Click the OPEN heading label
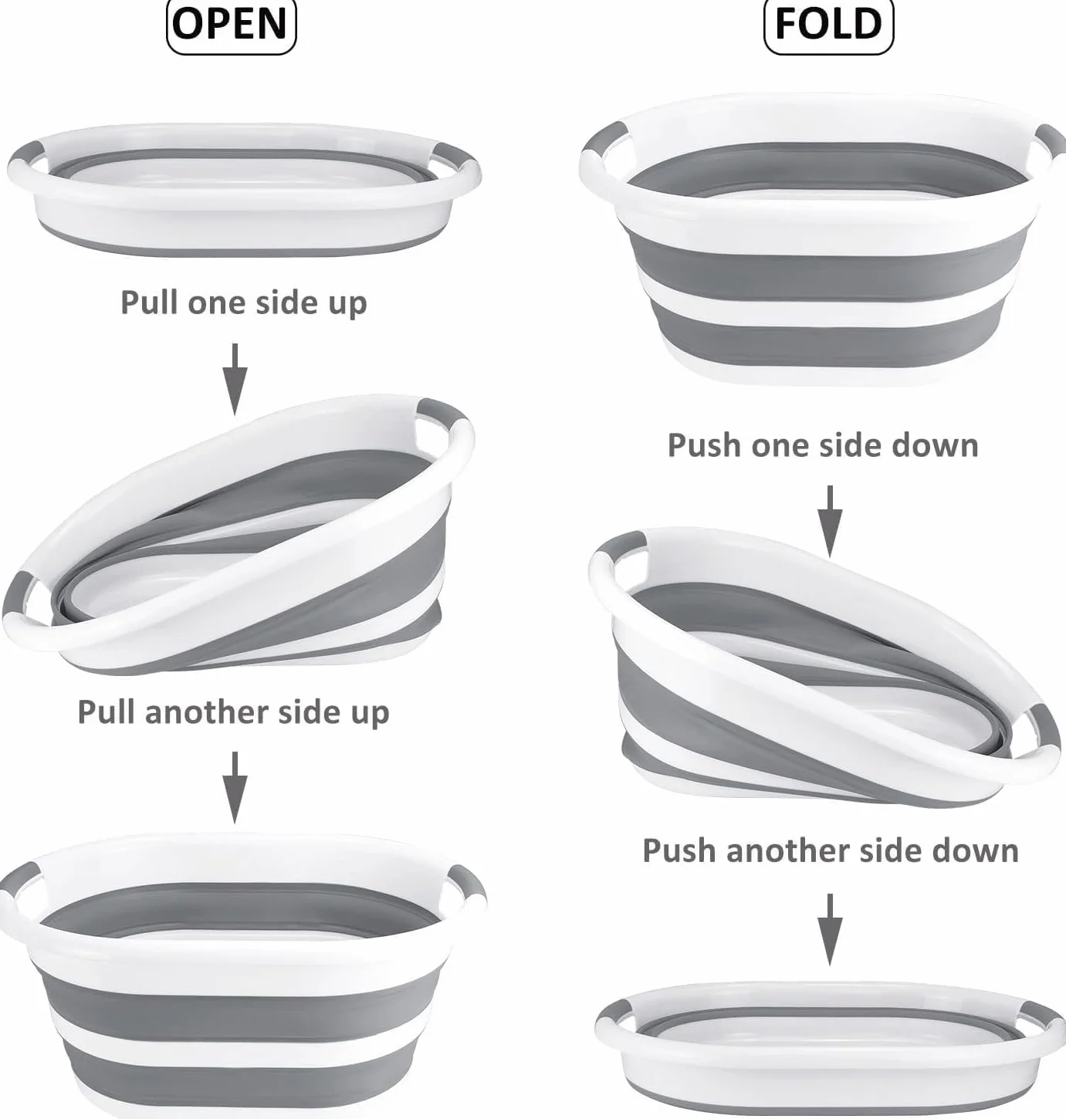pyautogui.click(x=231, y=25)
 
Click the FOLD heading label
pyautogui.click(x=828, y=25)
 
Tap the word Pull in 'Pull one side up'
pyautogui.click(x=149, y=302)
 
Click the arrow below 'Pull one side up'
pyautogui.click(x=234, y=378)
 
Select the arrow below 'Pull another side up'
pyautogui.click(x=234, y=787)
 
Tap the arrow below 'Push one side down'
pyautogui.click(x=830, y=521)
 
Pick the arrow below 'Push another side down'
pyautogui.click(x=830, y=929)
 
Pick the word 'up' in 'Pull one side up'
pyautogui.click(x=347, y=303)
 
